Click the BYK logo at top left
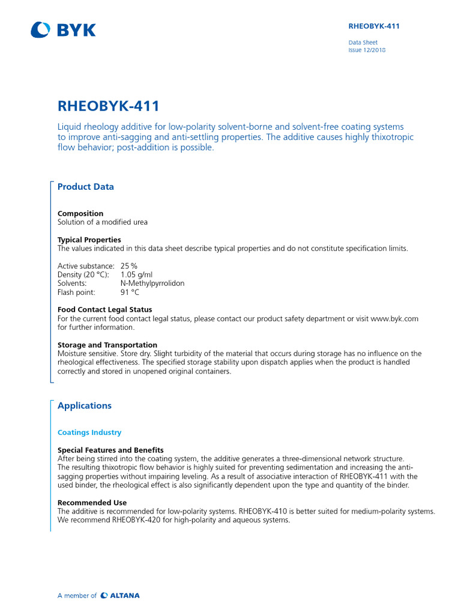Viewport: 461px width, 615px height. (x=63, y=29)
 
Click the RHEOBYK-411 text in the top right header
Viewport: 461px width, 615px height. (x=374, y=26)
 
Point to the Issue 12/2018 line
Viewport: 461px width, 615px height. (x=367, y=50)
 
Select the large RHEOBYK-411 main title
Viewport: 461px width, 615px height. (x=109, y=106)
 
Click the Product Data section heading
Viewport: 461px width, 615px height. (x=85, y=187)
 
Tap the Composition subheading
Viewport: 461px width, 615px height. (x=80, y=213)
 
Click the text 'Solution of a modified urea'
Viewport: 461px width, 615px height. (x=103, y=222)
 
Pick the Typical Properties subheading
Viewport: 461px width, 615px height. (x=89, y=240)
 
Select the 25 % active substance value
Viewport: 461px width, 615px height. (x=129, y=266)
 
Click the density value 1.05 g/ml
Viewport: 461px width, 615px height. (x=136, y=274)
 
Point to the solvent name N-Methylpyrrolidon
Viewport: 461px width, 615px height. (x=152, y=283)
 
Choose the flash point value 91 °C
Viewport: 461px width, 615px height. (x=130, y=292)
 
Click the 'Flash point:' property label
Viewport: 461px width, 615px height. (x=76, y=292)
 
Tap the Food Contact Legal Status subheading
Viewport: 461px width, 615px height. (x=104, y=310)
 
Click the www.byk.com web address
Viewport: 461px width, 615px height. (x=394, y=319)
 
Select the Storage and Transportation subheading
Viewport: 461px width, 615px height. (x=107, y=345)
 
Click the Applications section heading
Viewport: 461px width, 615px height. (x=85, y=406)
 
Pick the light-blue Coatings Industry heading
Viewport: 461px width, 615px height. (x=89, y=432)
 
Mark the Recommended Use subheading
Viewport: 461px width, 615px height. (x=92, y=502)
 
